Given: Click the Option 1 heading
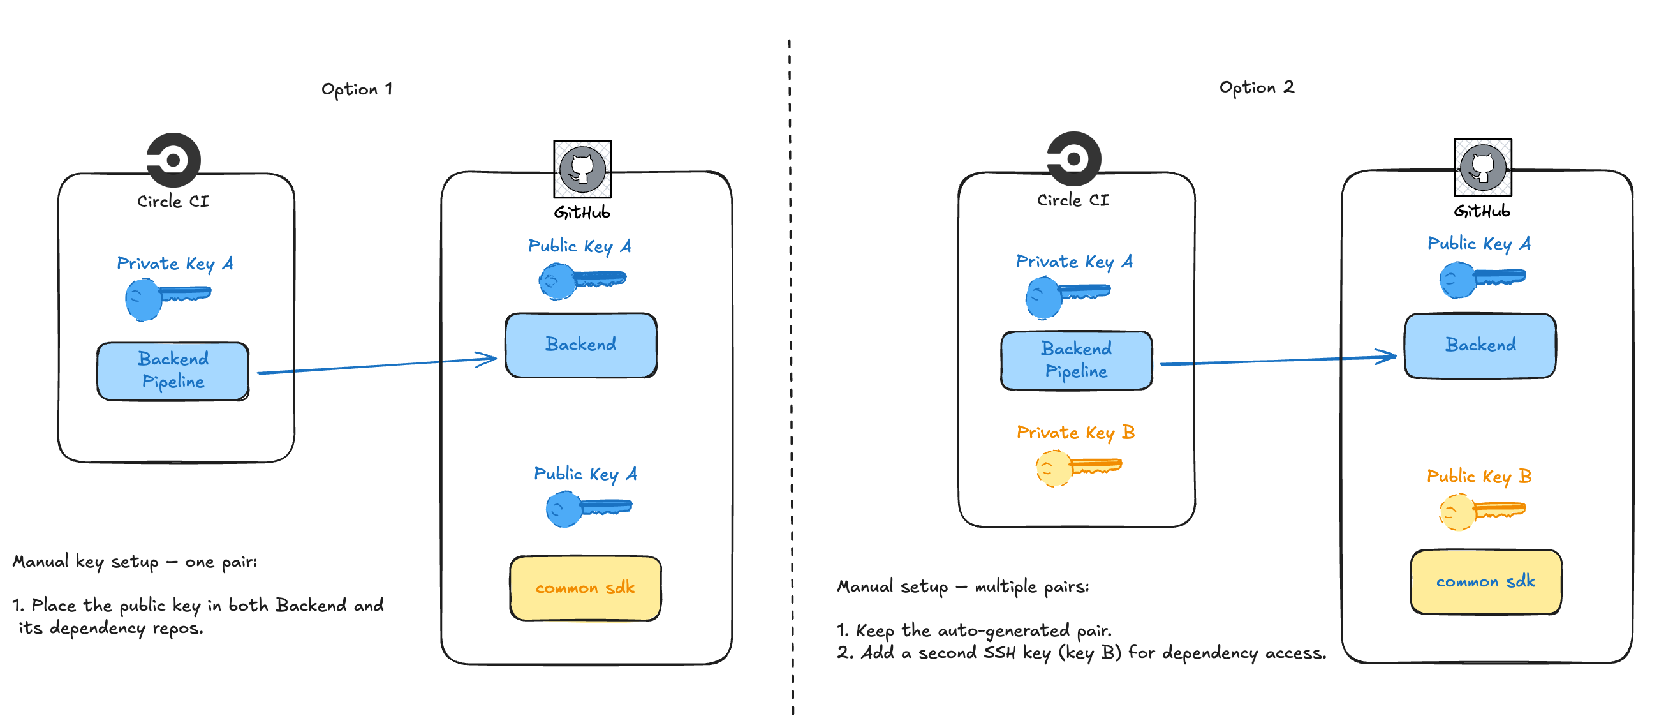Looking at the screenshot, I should coord(357,89).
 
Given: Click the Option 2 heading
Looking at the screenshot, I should coord(1256,87).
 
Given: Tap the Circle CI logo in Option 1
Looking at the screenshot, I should coord(173,159).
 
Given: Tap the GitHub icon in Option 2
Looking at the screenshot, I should coord(1482,167).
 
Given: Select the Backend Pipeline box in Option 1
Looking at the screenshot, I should coord(173,371).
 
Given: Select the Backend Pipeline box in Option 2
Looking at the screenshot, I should coord(1075,361).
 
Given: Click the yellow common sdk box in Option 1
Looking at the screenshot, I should coord(585,587).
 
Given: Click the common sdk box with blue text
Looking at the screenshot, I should coord(1485,581).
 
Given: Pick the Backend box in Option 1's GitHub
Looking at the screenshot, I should coord(580,345).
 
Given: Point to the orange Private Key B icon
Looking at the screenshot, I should coord(1077,467).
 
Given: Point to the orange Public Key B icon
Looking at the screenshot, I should coord(1480,511).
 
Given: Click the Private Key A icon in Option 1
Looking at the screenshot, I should coord(167,298).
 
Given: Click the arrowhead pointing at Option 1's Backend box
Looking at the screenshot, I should coord(489,359).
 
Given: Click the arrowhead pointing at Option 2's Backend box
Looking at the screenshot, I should coord(1388,356).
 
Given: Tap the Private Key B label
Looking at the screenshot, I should coord(1075,432).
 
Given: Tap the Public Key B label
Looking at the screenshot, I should coord(1478,476).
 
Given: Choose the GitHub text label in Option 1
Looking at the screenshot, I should coord(582,213).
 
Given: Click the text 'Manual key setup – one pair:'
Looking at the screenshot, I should coord(135,562).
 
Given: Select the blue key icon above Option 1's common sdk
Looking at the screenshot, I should coord(588,509).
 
